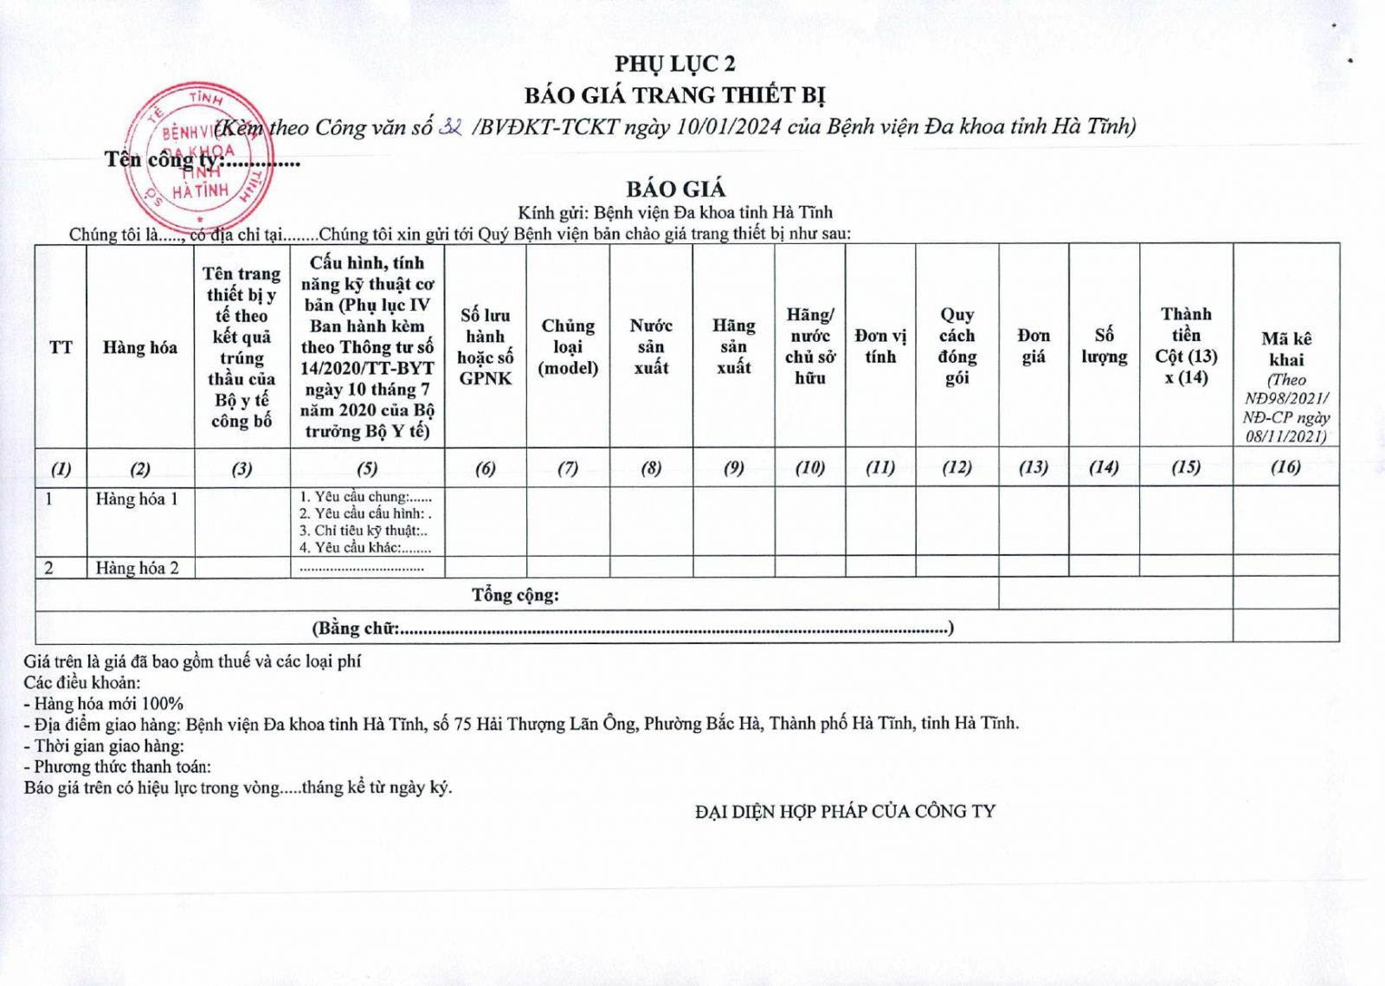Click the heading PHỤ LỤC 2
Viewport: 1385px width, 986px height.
[x=675, y=63]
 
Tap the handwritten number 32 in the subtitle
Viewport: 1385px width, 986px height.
[x=451, y=126]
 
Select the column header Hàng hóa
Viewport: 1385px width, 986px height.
[x=139, y=347]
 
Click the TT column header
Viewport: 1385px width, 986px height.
[x=61, y=347]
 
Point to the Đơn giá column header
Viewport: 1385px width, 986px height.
[x=1034, y=345]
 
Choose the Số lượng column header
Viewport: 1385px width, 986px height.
[x=1104, y=345]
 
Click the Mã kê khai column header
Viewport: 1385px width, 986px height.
[x=1285, y=349]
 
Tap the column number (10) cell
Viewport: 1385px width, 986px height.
[x=810, y=467]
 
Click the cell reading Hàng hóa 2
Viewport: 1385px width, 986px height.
[x=137, y=568]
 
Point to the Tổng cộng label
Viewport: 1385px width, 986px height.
[x=515, y=595]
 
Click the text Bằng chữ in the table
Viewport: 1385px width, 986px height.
[x=356, y=628]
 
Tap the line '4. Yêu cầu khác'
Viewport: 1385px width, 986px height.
[x=365, y=547]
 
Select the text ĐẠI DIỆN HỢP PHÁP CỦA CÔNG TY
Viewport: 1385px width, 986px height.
[x=845, y=811]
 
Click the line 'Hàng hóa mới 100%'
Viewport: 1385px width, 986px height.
[x=104, y=703]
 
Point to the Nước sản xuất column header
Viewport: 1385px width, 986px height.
[x=651, y=346]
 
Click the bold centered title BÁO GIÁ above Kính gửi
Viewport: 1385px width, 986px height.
[x=676, y=189]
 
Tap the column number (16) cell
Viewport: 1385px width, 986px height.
[x=1285, y=467]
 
